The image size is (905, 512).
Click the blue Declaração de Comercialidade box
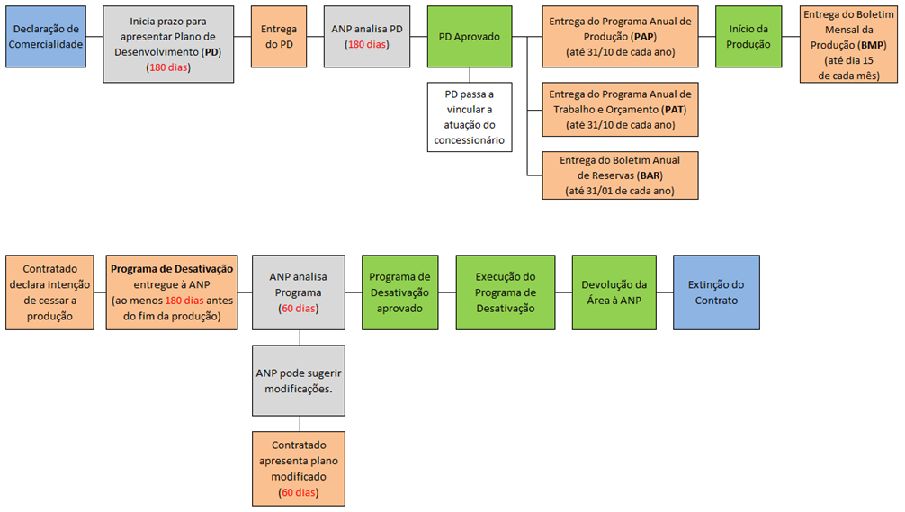click(46, 37)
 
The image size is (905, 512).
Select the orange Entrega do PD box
click(279, 37)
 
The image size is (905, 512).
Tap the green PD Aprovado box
click(469, 37)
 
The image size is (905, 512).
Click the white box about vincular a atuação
click(469, 117)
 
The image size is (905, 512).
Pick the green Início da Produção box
click(748, 37)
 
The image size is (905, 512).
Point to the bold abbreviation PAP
click(644, 36)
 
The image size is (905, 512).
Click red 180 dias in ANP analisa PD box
click(366, 44)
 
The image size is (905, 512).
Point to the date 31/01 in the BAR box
click(608, 191)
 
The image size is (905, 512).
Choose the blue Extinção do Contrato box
click(716, 292)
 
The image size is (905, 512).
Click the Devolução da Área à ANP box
click(615, 292)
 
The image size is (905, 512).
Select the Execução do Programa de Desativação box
click(505, 292)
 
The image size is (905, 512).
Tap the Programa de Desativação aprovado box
click(399, 292)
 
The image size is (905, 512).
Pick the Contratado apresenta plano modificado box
click(299, 468)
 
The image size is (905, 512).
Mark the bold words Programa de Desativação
click(172, 269)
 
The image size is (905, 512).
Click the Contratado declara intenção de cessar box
click(49, 292)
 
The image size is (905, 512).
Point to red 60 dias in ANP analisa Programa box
click(299, 309)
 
